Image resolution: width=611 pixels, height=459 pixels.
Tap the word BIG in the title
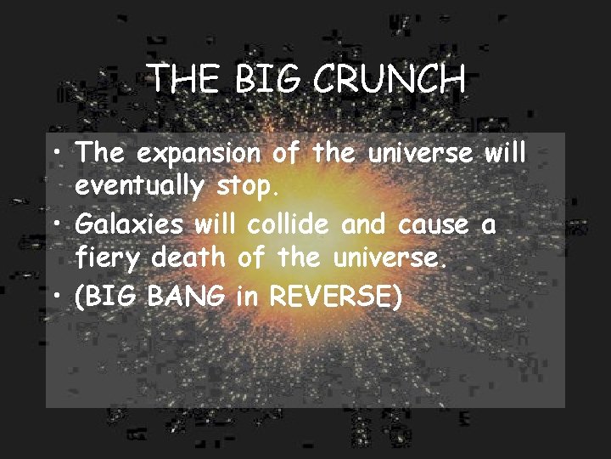(x=267, y=81)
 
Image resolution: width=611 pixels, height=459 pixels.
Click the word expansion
(x=199, y=155)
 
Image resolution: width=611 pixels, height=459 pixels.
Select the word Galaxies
(x=131, y=225)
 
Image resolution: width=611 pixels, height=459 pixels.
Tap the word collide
(x=291, y=225)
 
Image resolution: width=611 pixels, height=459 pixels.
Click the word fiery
(x=109, y=256)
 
